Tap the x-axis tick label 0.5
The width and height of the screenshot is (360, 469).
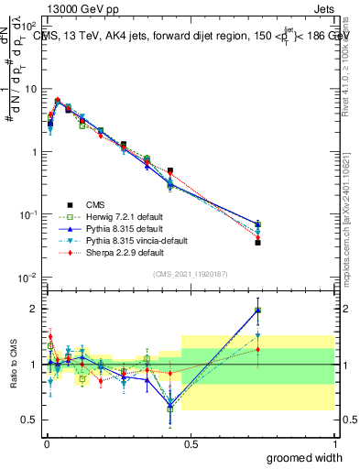(190, 443)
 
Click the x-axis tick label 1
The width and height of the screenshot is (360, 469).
(333, 443)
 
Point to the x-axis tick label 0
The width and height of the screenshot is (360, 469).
(46, 443)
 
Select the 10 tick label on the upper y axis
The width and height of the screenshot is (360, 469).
(29, 89)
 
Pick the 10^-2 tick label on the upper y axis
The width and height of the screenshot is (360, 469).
(27, 278)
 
